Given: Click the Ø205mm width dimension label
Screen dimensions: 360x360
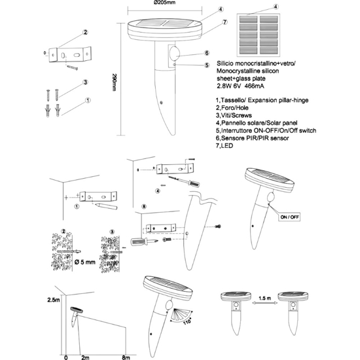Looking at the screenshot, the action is tap(164, 3).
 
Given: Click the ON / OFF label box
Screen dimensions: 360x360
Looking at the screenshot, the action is tap(290, 217).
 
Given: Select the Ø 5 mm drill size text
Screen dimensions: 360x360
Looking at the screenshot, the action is tap(85, 262).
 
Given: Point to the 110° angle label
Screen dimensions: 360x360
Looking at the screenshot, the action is tap(188, 321).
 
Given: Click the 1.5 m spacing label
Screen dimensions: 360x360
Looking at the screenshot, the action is tap(264, 298).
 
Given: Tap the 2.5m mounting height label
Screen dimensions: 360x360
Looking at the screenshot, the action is tap(54, 300).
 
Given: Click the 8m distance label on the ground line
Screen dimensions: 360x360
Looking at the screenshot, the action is tap(126, 357).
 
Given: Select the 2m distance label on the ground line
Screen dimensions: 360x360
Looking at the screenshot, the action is tap(85, 357).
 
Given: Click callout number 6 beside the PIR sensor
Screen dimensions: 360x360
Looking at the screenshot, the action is tap(207, 53).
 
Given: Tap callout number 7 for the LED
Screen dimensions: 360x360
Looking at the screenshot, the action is tap(225, 22).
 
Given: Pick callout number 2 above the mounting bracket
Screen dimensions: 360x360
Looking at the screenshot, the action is tap(85, 32).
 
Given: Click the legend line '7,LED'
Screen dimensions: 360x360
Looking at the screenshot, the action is tap(225, 145).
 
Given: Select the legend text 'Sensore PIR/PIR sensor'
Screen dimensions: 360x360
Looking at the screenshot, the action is tap(252, 138).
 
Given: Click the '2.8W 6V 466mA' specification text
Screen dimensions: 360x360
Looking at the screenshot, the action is tap(240, 86).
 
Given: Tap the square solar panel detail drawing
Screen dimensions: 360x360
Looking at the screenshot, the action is tap(259, 35).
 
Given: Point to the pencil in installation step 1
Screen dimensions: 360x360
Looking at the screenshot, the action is tap(107, 206).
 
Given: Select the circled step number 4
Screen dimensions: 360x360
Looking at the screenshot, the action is tap(158, 191).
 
